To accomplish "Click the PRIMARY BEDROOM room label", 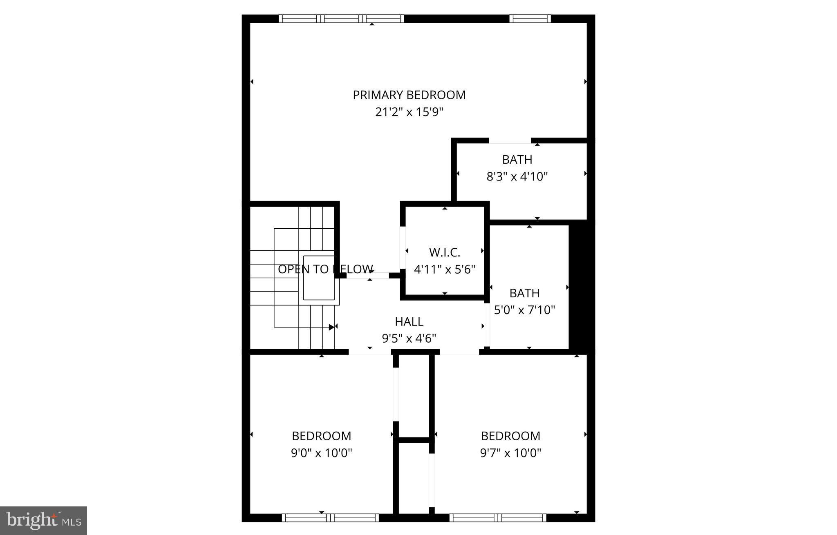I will (x=409, y=95).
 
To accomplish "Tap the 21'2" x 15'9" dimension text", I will (x=409, y=112).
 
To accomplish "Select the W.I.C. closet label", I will (x=445, y=252).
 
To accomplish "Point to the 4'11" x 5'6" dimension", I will (x=445, y=270).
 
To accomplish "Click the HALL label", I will (x=409, y=322).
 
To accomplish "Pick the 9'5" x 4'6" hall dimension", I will (x=409, y=339).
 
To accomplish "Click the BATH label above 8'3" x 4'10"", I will (x=517, y=159).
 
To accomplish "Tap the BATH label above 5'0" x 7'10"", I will (x=524, y=293).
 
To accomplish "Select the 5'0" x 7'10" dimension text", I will (x=524, y=310).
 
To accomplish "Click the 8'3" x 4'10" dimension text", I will (x=517, y=176).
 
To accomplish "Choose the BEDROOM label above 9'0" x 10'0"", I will (x=321, y=436).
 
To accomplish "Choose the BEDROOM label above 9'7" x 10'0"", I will (x=510, y=436).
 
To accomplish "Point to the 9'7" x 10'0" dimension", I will (x=510, y=453).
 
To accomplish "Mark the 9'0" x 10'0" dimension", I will (x=321, y=453).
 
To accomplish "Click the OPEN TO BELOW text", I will (x=325, y=269).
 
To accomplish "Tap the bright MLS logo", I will (x=43, y=520).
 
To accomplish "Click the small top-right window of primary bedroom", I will (x=530, y=18).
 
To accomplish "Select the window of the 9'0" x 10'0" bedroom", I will (x=330, y=518).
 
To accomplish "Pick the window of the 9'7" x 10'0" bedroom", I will (x=498, y=518).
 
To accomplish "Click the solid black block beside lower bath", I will (x=582, y=286).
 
